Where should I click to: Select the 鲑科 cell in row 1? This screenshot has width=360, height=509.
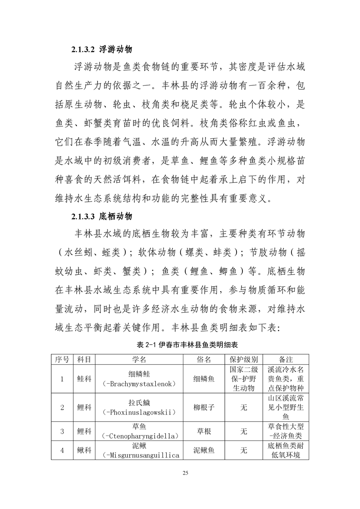84,379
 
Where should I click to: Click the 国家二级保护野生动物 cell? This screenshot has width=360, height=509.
244,379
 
